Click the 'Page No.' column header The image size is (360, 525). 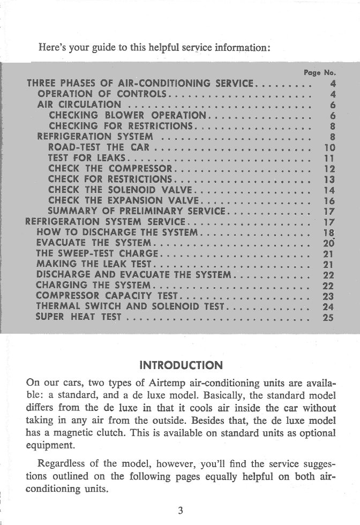[319, 72]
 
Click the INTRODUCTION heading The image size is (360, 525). [180, 366]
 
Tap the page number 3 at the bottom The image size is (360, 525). [181, 510]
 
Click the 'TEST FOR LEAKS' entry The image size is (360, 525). [86, 157]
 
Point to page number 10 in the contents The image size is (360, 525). [329, 147]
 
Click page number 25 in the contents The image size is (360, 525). [329, 317]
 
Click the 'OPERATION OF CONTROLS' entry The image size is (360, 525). [102, 94]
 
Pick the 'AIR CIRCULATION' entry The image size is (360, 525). [79, 104]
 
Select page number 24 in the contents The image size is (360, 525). [329, 306]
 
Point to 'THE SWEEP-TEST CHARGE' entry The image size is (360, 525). [97, 253]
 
